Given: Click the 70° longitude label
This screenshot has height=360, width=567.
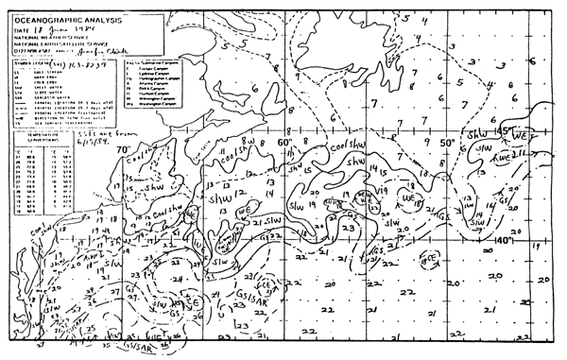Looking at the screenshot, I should tap(123, 149).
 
